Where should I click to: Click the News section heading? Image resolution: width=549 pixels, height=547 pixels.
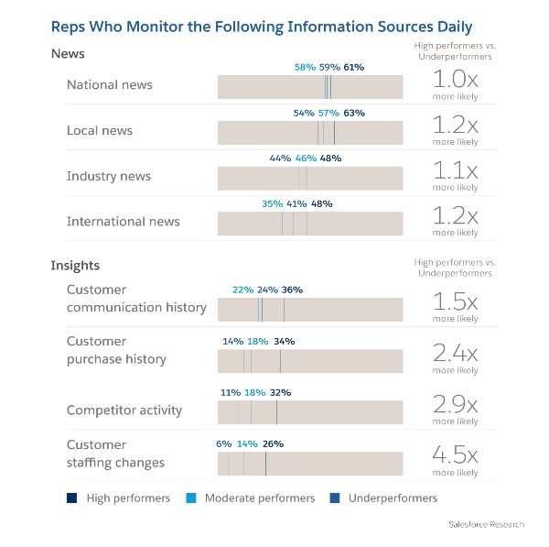coord(67,55)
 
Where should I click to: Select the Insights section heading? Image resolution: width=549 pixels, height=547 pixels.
coord(75,266)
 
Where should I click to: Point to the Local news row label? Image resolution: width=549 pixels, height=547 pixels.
coord(99,131)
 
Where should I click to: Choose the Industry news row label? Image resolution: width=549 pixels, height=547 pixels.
coord(108,176)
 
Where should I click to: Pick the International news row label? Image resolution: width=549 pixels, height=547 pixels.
coord(123,222)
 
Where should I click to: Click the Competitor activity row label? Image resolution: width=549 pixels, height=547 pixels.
coord(124,410)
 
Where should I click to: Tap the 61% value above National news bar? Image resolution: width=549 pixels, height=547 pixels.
coord(354,67)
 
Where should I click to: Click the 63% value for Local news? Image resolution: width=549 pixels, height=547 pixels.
coord(354,113)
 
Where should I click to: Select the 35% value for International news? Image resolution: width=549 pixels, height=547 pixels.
coord(272,204)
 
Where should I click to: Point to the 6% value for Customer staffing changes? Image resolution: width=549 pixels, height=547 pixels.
coord(223,443)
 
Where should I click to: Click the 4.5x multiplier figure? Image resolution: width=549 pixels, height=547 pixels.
coord(455,455)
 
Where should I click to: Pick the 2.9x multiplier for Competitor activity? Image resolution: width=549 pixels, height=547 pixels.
coord(455,404)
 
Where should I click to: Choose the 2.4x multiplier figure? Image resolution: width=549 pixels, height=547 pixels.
coord(455,353)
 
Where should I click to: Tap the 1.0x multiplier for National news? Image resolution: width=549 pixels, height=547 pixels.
coord(455,79)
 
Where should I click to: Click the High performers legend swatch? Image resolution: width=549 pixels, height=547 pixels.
coord(72,498)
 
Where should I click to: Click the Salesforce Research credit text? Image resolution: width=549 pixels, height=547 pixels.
coord(487,524)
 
